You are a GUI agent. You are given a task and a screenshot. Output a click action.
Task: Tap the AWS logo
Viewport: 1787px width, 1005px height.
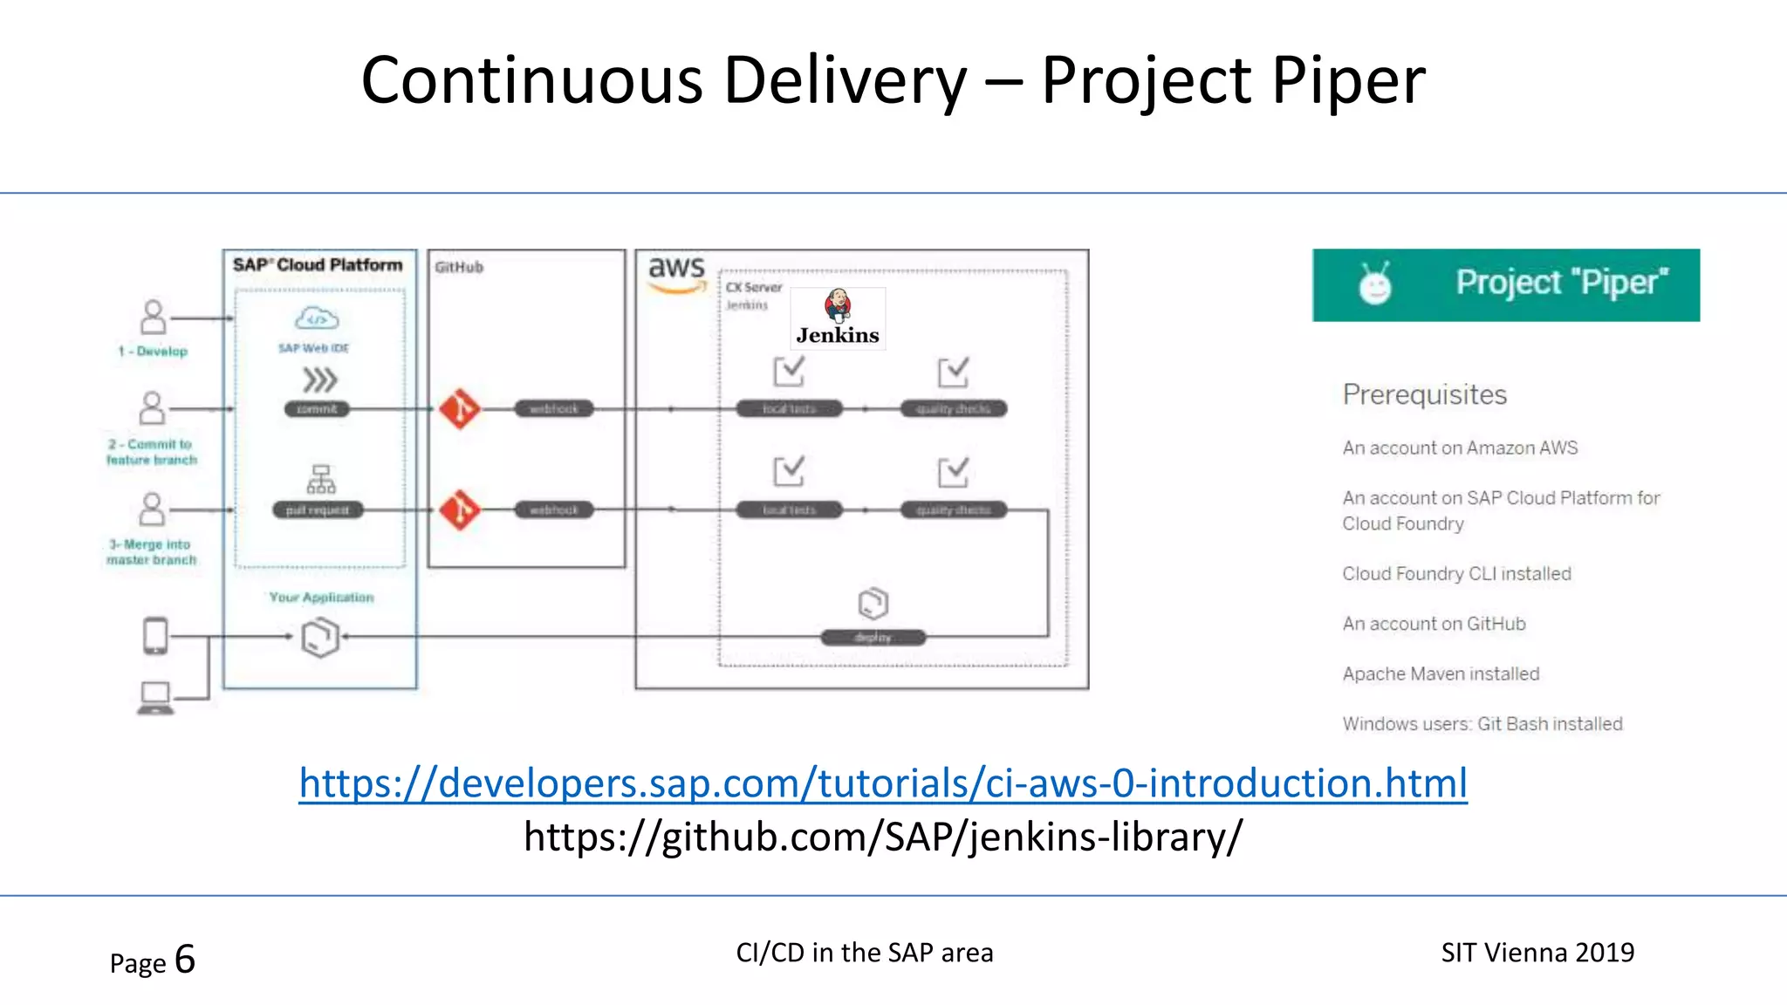coord(676,272)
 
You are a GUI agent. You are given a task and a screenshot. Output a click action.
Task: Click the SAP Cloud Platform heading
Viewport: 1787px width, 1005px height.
coord(318,265)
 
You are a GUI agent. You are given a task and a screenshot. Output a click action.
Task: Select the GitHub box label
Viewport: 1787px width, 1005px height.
coord(459,267)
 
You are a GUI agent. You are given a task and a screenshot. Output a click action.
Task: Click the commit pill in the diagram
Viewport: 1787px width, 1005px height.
coord(317,409)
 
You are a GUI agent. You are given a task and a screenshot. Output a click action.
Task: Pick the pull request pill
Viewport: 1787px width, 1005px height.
coord(317,510)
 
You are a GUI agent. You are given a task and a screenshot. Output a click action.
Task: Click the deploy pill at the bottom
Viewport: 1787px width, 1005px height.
coord(873,638)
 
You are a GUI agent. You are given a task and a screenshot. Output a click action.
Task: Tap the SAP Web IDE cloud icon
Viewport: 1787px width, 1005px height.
coord(317,318)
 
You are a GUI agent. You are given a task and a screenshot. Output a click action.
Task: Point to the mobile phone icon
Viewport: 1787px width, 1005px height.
coord(155,635)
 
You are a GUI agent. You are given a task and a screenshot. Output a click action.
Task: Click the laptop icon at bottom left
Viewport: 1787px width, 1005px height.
coord(155,698)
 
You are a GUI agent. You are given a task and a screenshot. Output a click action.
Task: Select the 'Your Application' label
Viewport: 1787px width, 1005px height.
coord(321,598)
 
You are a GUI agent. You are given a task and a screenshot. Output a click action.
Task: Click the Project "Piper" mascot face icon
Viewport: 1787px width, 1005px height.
coord(1376,284)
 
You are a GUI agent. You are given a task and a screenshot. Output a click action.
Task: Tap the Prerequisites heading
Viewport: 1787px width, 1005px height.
coord(1425,394)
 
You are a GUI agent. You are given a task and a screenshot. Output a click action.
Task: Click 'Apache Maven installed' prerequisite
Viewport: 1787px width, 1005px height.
coord(1441,673)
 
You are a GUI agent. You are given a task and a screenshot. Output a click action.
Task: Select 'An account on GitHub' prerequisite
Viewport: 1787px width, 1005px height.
coord(1434,624)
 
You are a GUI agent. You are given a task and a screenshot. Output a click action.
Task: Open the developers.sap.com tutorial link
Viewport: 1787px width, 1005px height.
coord(883,783)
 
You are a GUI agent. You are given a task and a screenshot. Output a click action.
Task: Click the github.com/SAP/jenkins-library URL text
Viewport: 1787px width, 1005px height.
coord(883,837)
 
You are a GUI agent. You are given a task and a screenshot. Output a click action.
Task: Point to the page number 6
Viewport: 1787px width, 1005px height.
coord(185,960)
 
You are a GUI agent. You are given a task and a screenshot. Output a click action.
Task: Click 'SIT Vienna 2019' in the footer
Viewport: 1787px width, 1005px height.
coord(1537,953)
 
